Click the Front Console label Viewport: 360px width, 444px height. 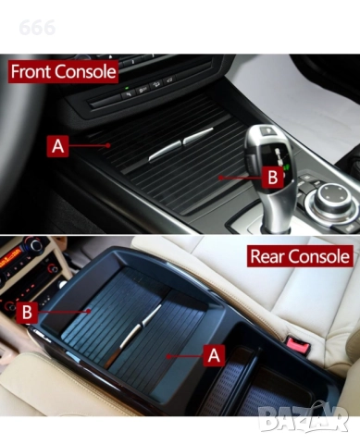(63, 71)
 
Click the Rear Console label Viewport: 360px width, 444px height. (300, 256)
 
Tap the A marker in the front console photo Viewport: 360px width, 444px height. (57, 146)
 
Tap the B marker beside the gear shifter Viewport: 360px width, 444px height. (273, 178)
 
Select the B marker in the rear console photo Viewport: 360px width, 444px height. (27, 313)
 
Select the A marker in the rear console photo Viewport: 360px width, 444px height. (214, 355)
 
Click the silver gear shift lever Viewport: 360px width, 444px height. (270, 176)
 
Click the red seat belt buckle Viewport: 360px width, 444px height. (297, 344)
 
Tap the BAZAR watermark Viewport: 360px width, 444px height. (304, 418)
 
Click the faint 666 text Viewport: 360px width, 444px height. (37, 28)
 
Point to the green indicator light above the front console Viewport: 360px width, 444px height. (127, 88)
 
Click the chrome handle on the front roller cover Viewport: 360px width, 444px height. (180, 144)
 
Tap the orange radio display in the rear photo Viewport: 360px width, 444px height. (10, 256)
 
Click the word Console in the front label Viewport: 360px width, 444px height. (86, 71)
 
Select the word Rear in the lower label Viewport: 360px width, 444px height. (266, 256)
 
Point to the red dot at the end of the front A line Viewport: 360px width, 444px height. (108, 145)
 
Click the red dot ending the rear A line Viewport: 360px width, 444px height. (168, 356)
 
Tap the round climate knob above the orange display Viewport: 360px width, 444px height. (34, 246)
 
